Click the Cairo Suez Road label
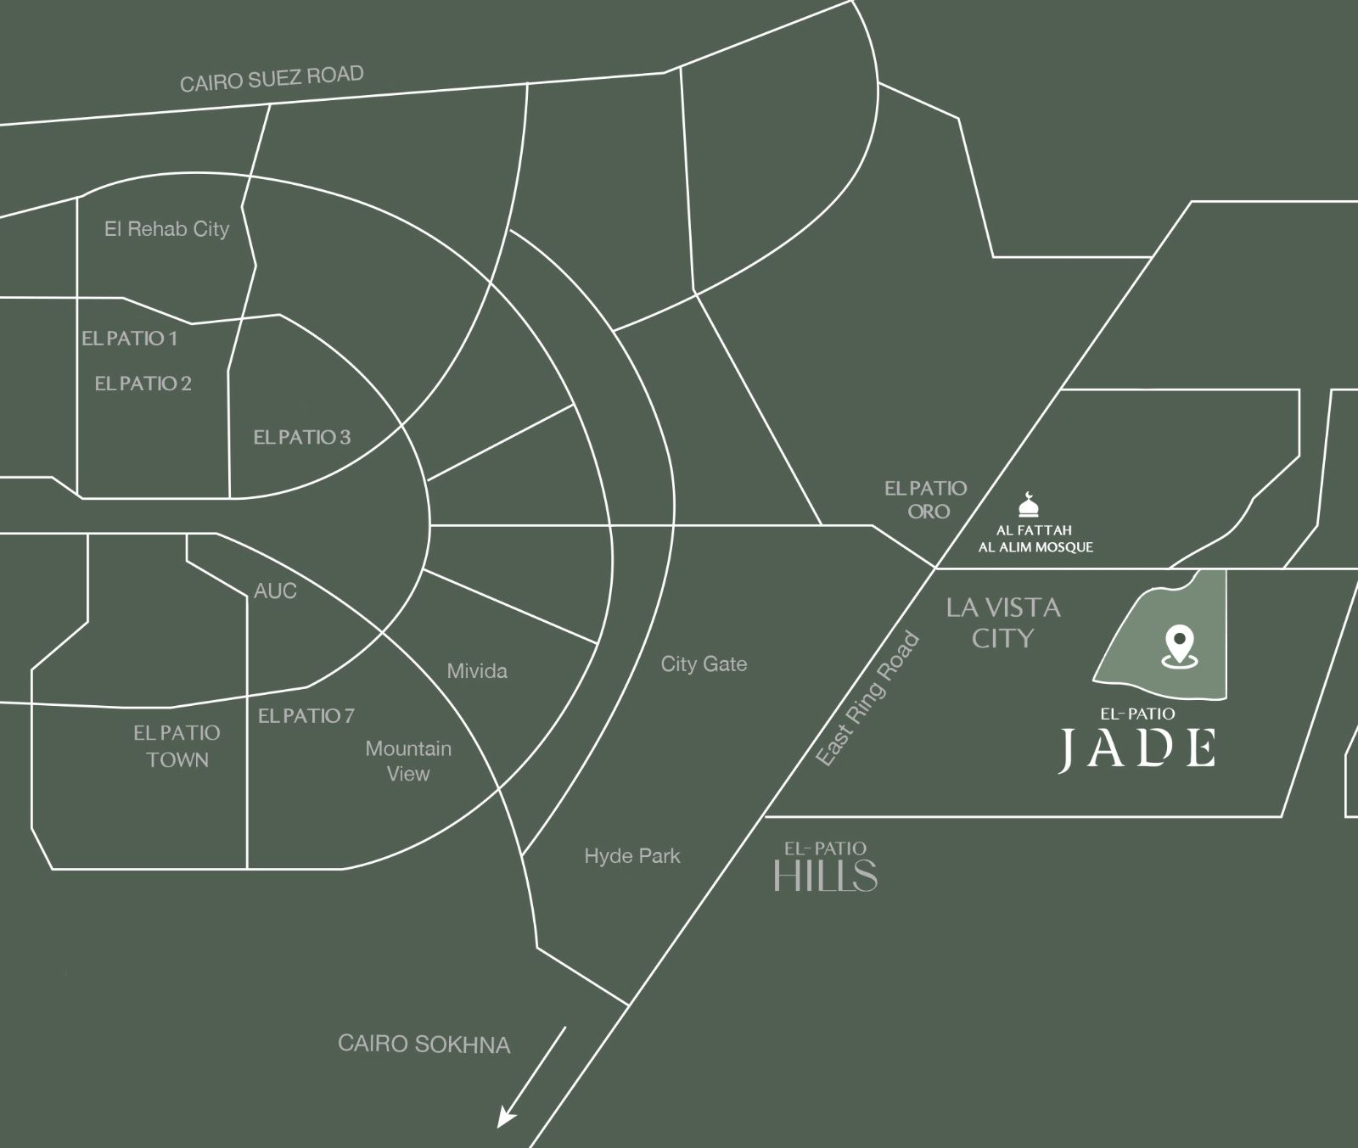click(272, 79)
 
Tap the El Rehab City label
click(166, 229)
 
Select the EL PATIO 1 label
click(130, 339)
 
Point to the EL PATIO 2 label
click(143, 384)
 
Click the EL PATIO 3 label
click(301, 438)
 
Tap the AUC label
click(275, 591)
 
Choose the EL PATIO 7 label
click(306, 716)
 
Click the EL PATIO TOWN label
click(177, 746)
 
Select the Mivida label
click(477, 671)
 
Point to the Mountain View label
click(408, 761)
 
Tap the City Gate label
click(704, 664)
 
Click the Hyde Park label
click(631, 856)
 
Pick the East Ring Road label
click(867, 699)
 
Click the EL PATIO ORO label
click(926, 500)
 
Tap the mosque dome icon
click(1029, 505)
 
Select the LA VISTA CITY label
click(1003, 623)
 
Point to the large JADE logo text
click(1137, 748)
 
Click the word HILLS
click(825, 876)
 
